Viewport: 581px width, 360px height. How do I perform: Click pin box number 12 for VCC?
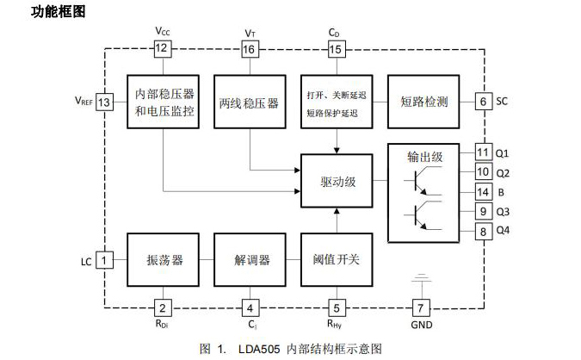[162, 49]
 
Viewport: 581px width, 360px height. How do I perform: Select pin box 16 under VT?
[250, 49]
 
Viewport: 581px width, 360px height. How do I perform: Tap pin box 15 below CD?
[336, 49]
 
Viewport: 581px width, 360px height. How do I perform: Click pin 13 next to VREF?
[105, 102]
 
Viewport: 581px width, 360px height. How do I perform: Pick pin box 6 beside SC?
[483, 102]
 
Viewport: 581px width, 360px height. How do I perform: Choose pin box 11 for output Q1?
[483, 153]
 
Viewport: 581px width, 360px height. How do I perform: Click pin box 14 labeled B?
[483, 191]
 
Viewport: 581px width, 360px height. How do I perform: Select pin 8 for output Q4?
[483, 230]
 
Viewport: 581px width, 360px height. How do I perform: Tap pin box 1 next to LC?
[105, 258]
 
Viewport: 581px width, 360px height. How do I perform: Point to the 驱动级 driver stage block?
[336, 181]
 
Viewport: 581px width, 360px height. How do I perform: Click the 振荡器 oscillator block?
[164, 259]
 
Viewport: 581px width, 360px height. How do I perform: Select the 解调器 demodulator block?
[250, 259]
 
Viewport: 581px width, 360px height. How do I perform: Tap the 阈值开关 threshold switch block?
[336, 259]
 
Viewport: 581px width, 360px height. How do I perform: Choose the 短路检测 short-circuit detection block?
[424, 102]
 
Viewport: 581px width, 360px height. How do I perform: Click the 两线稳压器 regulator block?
[250, 102]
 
